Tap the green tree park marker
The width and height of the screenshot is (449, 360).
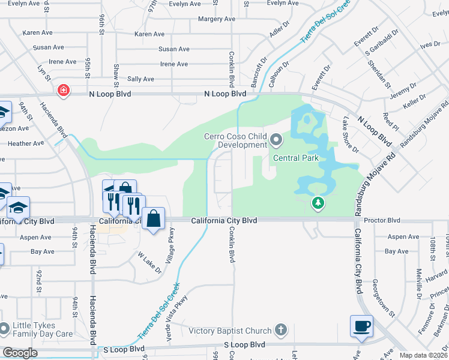tap(318, 204)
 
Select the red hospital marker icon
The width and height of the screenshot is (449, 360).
tap(62, 91)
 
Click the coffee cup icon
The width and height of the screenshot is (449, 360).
tap(361, 327)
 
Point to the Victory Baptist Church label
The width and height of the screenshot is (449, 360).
tap(231, 331)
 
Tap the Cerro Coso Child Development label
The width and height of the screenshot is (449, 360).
tap(234, 140)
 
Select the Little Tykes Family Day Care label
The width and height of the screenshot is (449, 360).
tap(43, 330)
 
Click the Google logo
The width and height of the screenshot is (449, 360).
tap(20, 352)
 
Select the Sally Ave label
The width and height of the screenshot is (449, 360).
tap(140, 79)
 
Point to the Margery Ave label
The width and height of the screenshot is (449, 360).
tap(217, 19)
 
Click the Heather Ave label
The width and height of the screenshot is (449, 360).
tap(26, 143)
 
